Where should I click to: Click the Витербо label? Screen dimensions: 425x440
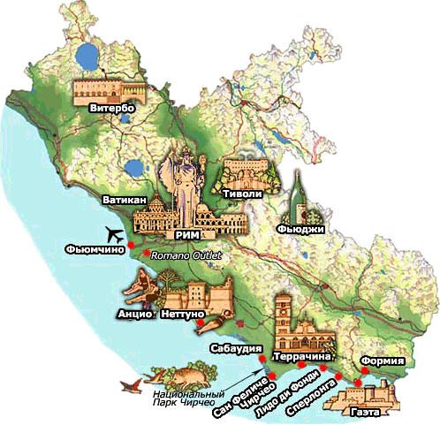111,108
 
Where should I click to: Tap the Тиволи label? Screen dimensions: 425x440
247,190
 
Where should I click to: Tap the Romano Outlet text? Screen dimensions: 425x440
185,256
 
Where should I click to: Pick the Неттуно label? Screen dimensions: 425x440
183,314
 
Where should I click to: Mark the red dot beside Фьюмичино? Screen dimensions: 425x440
130,245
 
